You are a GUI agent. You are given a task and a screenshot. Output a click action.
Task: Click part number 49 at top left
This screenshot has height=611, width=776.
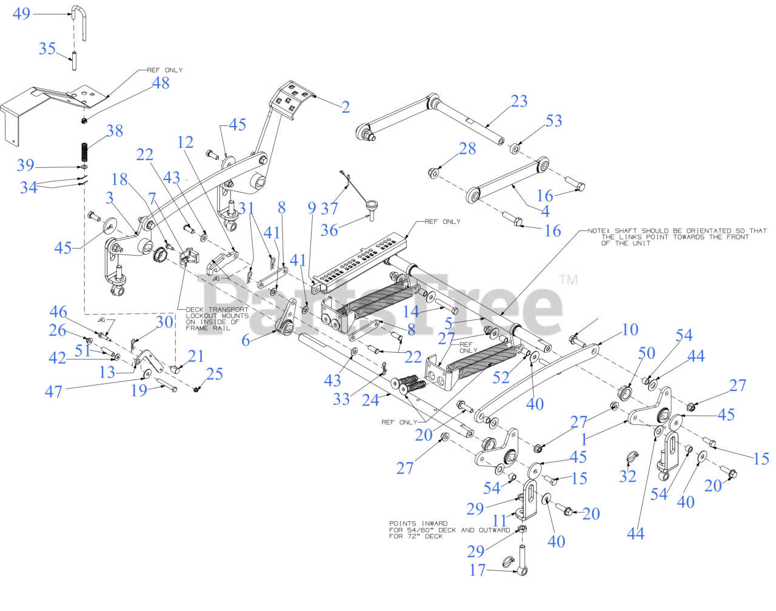pyautogui.click(x=21, y=13)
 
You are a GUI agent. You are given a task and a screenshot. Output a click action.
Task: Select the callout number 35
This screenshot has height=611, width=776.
pyautogui.click(x=47, y=48)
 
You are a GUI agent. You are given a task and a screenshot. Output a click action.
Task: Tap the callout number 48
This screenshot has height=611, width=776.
pyautogui.click(x=161, y=83)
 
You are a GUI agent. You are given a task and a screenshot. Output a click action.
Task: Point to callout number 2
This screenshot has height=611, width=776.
pyautogui.click(x=345, y=107)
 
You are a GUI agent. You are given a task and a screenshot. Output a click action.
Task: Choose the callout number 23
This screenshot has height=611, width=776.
pyautogui.click(x=519, y=101)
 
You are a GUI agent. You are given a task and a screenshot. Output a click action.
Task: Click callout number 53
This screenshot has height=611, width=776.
pyautogui.click(x=554, y=121)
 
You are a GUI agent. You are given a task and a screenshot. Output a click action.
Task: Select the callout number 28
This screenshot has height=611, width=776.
pyautogui.click(x=467, y=149)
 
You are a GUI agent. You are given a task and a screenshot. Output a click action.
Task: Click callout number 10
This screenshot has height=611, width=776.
pyautogui.click(x=630, y=329)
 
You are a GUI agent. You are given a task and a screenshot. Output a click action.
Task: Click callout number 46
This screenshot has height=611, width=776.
pyautogui.click(x=58, y=312)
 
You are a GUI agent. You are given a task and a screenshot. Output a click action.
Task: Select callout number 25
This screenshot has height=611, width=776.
pyautogui.click(x=214, y=374)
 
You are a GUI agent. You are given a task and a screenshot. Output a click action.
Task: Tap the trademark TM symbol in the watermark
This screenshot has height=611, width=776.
pyautogui.click(x=568, y=279)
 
